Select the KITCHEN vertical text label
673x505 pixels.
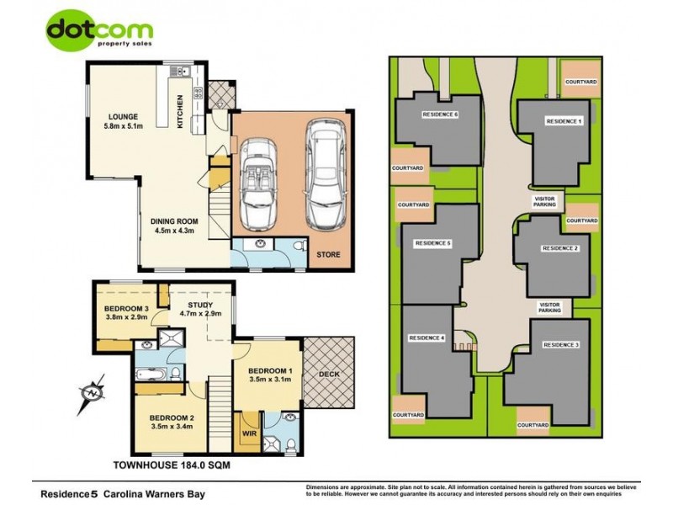pos(179,112)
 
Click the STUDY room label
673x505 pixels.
pos(199,305)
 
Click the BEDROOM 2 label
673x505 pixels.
pos(172,421)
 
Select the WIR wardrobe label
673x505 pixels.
pos(249,435)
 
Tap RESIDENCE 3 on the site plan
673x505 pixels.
pos(560,346)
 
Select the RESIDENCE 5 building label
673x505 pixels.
pos(433,243)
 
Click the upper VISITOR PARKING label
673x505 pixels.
pos(545,202)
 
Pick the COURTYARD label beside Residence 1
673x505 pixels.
pos(581,81)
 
